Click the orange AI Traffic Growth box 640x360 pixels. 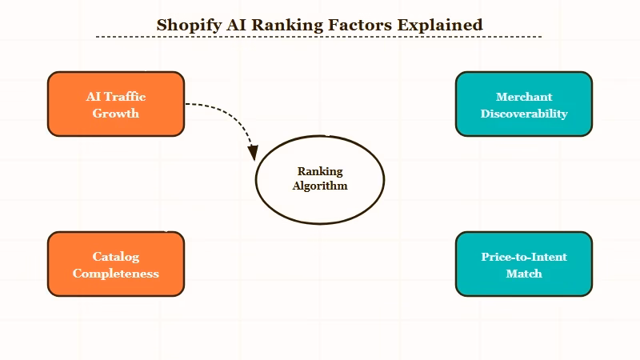(116, 104)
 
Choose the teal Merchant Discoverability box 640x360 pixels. (524, 104)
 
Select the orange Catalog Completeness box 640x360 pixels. (116, 264)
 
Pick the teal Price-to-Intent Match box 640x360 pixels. (524, 264)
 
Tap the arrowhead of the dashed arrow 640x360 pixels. (253, 152)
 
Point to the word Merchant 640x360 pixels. (524, 97)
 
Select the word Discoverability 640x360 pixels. (524, 114)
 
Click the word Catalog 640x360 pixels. (116, 257)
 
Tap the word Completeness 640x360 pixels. (116, 274)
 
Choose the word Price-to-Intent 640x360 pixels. (524, 257)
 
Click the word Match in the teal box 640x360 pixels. (524, 274)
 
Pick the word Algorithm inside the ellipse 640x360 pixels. (319, 186)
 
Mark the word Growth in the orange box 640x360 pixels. (116, 114)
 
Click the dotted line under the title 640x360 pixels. (319, 37)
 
